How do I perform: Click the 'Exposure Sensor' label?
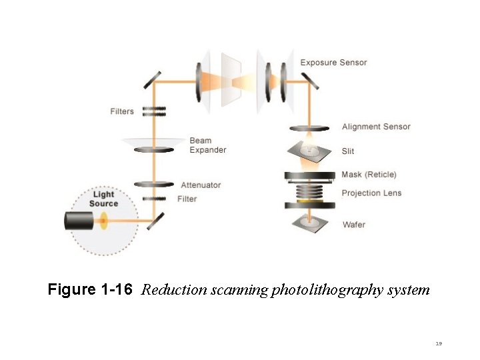tap(333, 63)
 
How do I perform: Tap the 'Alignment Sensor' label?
tap(376, 127)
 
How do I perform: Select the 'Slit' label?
tap(348, 151)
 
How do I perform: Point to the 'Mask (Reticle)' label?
tap(369, 175)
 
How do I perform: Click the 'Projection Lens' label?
tap(371, 193)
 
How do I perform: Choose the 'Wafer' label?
tap(354, 225)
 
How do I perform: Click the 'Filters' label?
tap(122, 111)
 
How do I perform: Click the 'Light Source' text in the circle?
tap(103, 199)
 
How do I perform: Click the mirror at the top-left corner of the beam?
tap(151, 79)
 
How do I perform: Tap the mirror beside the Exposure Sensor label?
tap(309, 81)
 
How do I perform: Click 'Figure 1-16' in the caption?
tap(90, 290)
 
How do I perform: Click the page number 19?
tap(439, 344)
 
